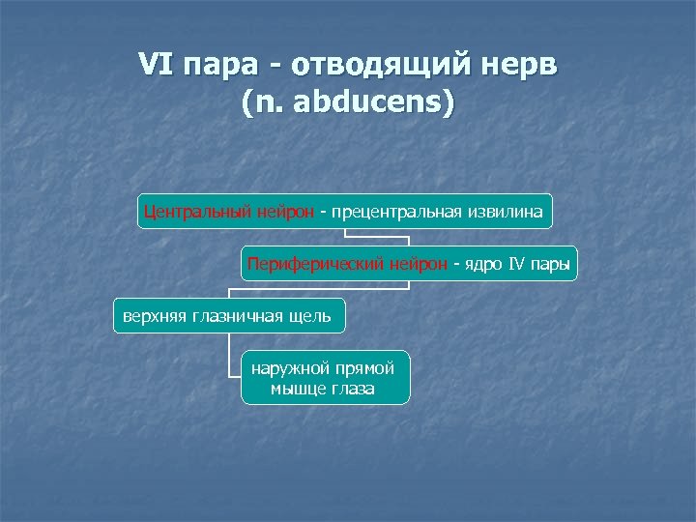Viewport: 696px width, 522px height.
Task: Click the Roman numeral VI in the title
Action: point(156,67)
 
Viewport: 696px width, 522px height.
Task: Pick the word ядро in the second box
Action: point(485,262)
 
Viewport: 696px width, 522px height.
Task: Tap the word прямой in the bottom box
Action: point(368,367)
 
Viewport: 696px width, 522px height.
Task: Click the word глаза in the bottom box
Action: point(353,389)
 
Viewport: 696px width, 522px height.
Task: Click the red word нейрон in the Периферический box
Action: point(419,262)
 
